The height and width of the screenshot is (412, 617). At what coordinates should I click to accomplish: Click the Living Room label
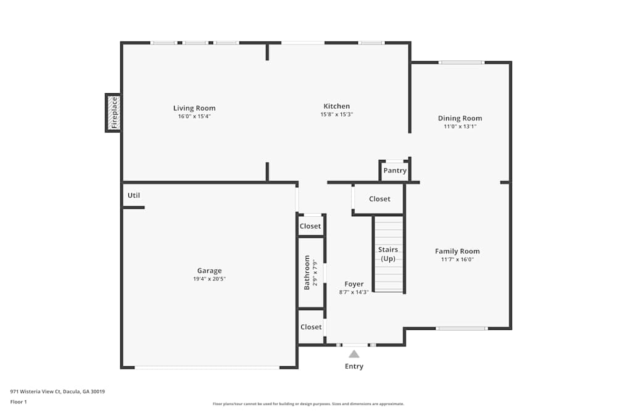click(194, 108)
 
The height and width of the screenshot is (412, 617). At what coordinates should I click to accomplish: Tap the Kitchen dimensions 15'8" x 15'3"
click(336, 114)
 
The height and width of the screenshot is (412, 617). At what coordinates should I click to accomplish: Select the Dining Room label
click(460, 118)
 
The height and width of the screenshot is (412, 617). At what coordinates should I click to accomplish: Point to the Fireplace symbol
click(114, 112)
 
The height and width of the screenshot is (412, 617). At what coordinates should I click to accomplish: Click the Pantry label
click(395, 170)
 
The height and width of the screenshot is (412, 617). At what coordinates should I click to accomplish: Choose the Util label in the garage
click(133, 195)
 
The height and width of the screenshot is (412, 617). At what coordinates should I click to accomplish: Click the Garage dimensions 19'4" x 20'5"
click(209, 279)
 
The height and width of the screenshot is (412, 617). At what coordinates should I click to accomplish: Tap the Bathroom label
click(307, 272)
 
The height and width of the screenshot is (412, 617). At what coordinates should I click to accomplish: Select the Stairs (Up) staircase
click(389, 254)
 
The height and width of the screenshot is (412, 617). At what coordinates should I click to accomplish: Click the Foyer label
click(354, 284)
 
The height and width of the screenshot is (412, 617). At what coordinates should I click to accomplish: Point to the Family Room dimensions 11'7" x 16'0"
click(457, 259)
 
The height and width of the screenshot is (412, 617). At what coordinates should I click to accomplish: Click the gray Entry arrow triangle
click(354, 354)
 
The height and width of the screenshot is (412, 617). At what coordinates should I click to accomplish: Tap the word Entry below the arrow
click(354, 366)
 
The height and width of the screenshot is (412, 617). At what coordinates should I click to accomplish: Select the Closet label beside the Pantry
click(379, 199)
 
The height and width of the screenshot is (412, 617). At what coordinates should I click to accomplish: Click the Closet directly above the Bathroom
click(310, 226)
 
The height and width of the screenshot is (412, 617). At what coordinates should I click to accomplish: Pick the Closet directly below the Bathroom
click(311, 327)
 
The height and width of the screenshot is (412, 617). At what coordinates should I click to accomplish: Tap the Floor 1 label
click(19, 401)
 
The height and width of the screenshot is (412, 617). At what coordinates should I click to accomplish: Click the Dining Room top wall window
click(461, 62)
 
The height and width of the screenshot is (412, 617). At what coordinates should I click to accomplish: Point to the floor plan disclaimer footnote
click(308, 404)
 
